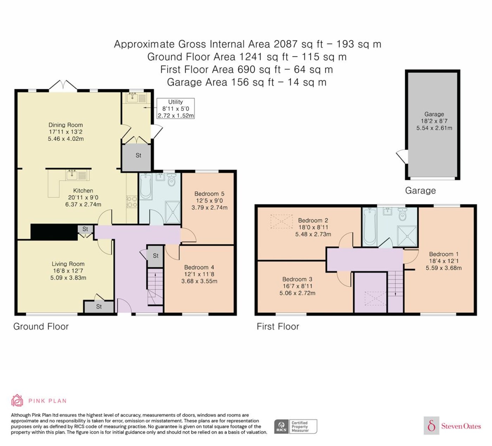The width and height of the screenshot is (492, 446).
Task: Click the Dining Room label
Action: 65,125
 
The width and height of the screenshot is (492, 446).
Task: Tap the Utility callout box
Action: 176,109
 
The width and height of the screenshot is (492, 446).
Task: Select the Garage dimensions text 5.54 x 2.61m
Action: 434,128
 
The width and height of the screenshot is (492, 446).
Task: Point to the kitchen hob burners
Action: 132,202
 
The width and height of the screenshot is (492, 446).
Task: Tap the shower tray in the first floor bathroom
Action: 407,236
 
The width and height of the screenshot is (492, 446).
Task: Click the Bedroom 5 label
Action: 209,194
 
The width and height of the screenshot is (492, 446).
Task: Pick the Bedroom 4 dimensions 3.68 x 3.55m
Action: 199,281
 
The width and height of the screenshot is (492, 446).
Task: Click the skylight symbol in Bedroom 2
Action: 281,221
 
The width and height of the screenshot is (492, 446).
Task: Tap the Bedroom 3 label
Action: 297,279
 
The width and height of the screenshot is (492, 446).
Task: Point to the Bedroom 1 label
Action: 444,254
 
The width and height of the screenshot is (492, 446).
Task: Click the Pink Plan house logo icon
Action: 17,400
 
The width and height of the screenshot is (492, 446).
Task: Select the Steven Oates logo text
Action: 461,426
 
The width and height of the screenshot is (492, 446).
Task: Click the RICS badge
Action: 295,426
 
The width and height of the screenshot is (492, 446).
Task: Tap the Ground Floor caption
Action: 41,326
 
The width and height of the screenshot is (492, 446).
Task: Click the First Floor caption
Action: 278,326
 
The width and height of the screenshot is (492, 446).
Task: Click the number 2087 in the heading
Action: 286,44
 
